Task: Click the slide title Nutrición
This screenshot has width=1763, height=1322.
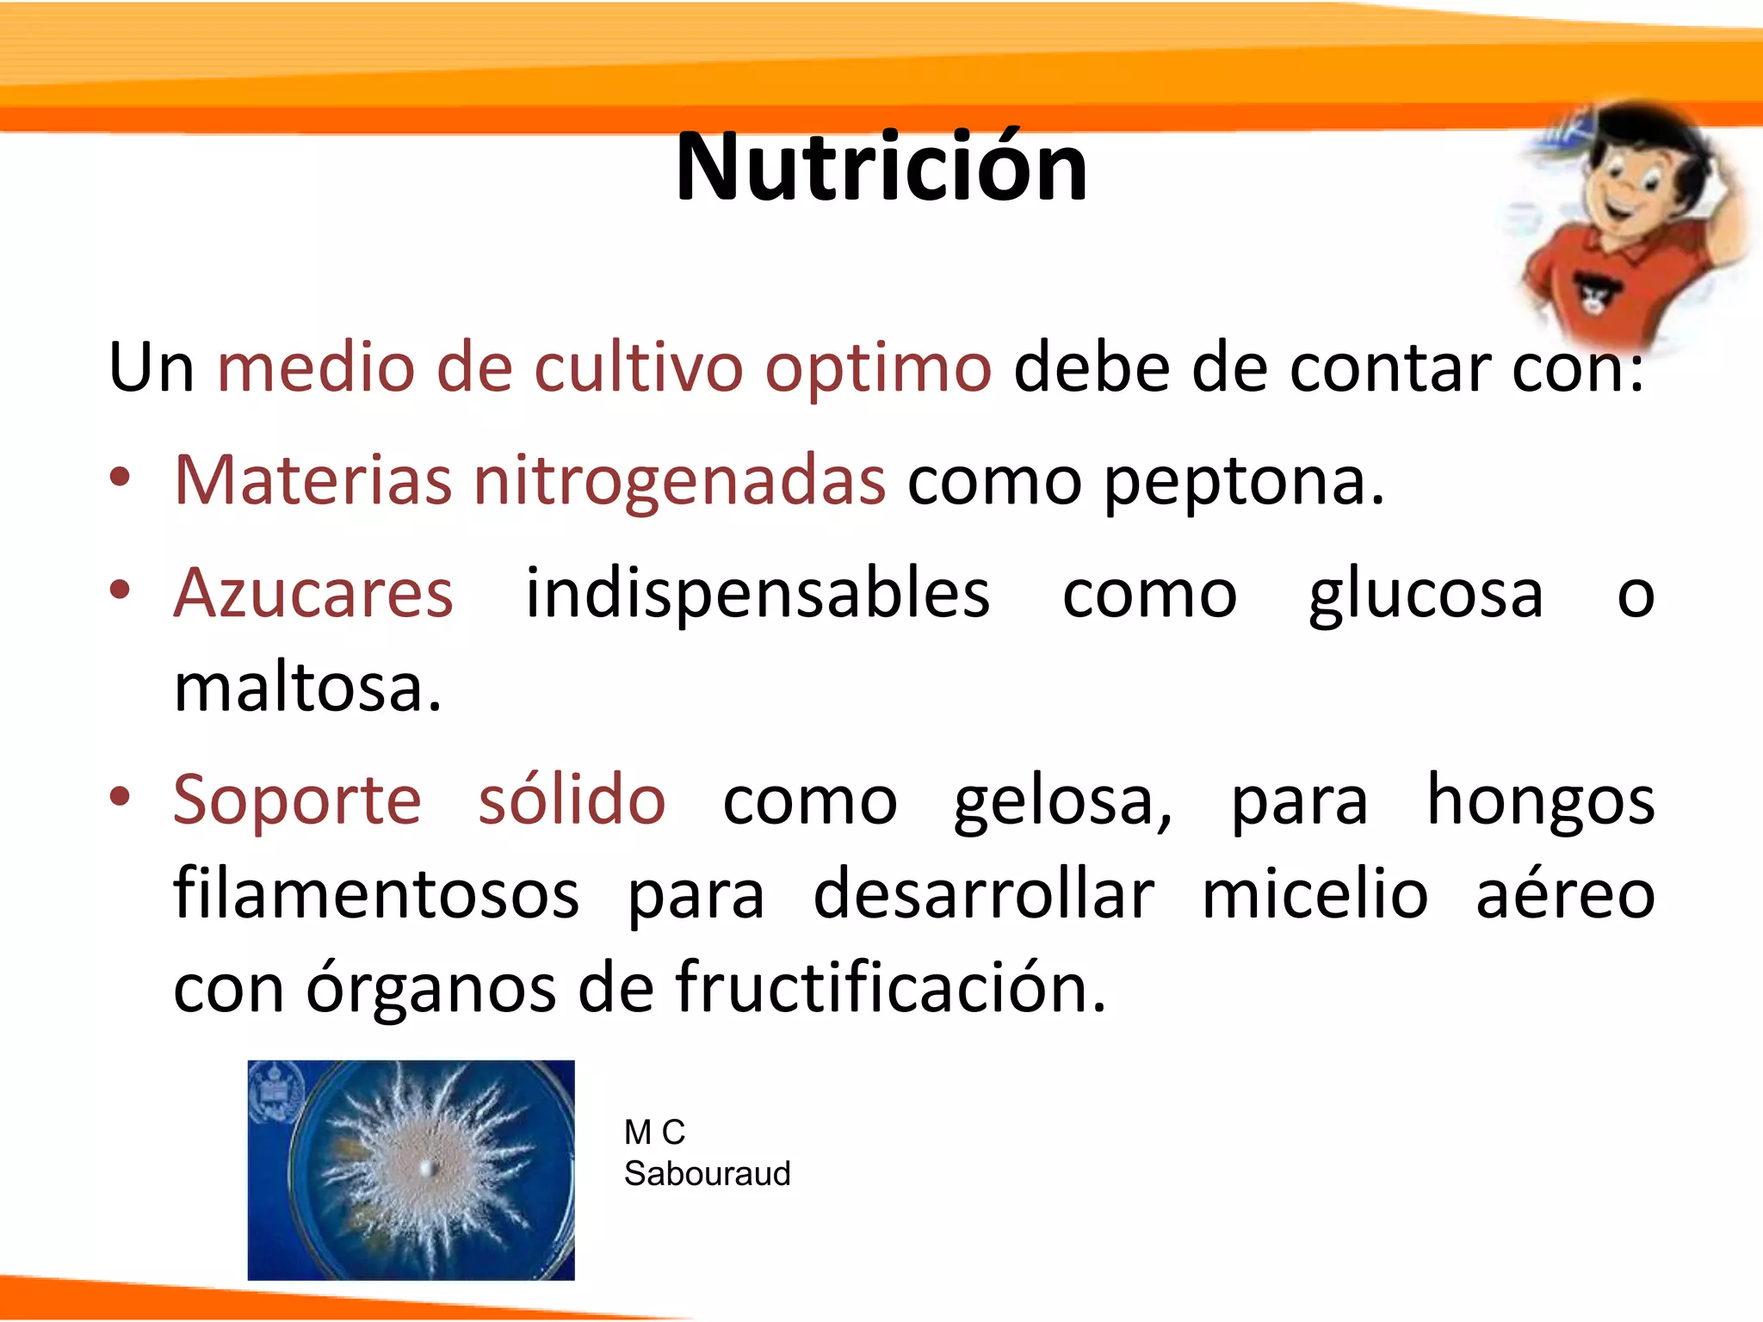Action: [881, 168]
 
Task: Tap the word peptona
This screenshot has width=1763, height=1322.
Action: [1243, 482]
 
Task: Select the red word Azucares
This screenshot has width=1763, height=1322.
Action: [313, 594]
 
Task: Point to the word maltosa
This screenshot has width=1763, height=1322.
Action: [307, 689]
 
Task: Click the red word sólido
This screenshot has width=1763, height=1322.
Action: [572, 800]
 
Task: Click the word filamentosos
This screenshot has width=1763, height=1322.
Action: [376, 895]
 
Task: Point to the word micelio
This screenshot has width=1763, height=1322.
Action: [1315, 895]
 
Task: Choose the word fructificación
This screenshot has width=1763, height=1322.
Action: [890, 988]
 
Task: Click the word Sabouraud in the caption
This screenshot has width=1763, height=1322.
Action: [707, 1174]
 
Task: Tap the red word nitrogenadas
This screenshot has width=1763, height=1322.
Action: [679, 482]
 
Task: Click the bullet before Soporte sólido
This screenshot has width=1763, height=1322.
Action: [121, 797]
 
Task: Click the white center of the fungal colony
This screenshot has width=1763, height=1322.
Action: [426, 1168]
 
